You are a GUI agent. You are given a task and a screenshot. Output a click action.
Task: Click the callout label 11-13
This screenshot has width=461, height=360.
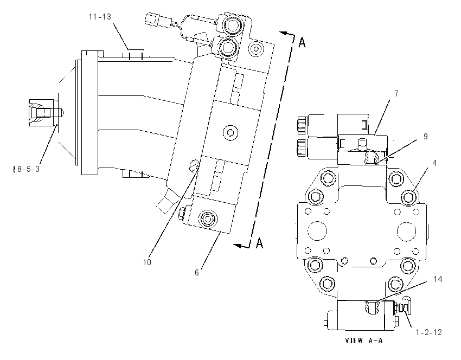pos(100,17)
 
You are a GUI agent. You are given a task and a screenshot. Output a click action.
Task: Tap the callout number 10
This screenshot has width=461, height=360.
pos(147,262)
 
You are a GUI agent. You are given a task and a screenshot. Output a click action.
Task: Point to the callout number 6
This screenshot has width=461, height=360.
pos(197,272)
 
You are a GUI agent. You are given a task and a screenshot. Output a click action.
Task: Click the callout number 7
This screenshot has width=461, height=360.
pos(396,93)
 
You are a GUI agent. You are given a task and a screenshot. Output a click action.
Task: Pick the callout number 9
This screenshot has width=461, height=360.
pos(425,137)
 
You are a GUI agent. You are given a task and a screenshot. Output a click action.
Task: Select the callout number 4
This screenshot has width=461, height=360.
pos(434,163)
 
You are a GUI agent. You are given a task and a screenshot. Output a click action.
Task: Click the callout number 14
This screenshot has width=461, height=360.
pos(438,279)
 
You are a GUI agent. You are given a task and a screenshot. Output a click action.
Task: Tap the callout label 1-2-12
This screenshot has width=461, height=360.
pos(429,332)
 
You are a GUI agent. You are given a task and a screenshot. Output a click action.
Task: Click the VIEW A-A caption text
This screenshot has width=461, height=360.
pos(364,340)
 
